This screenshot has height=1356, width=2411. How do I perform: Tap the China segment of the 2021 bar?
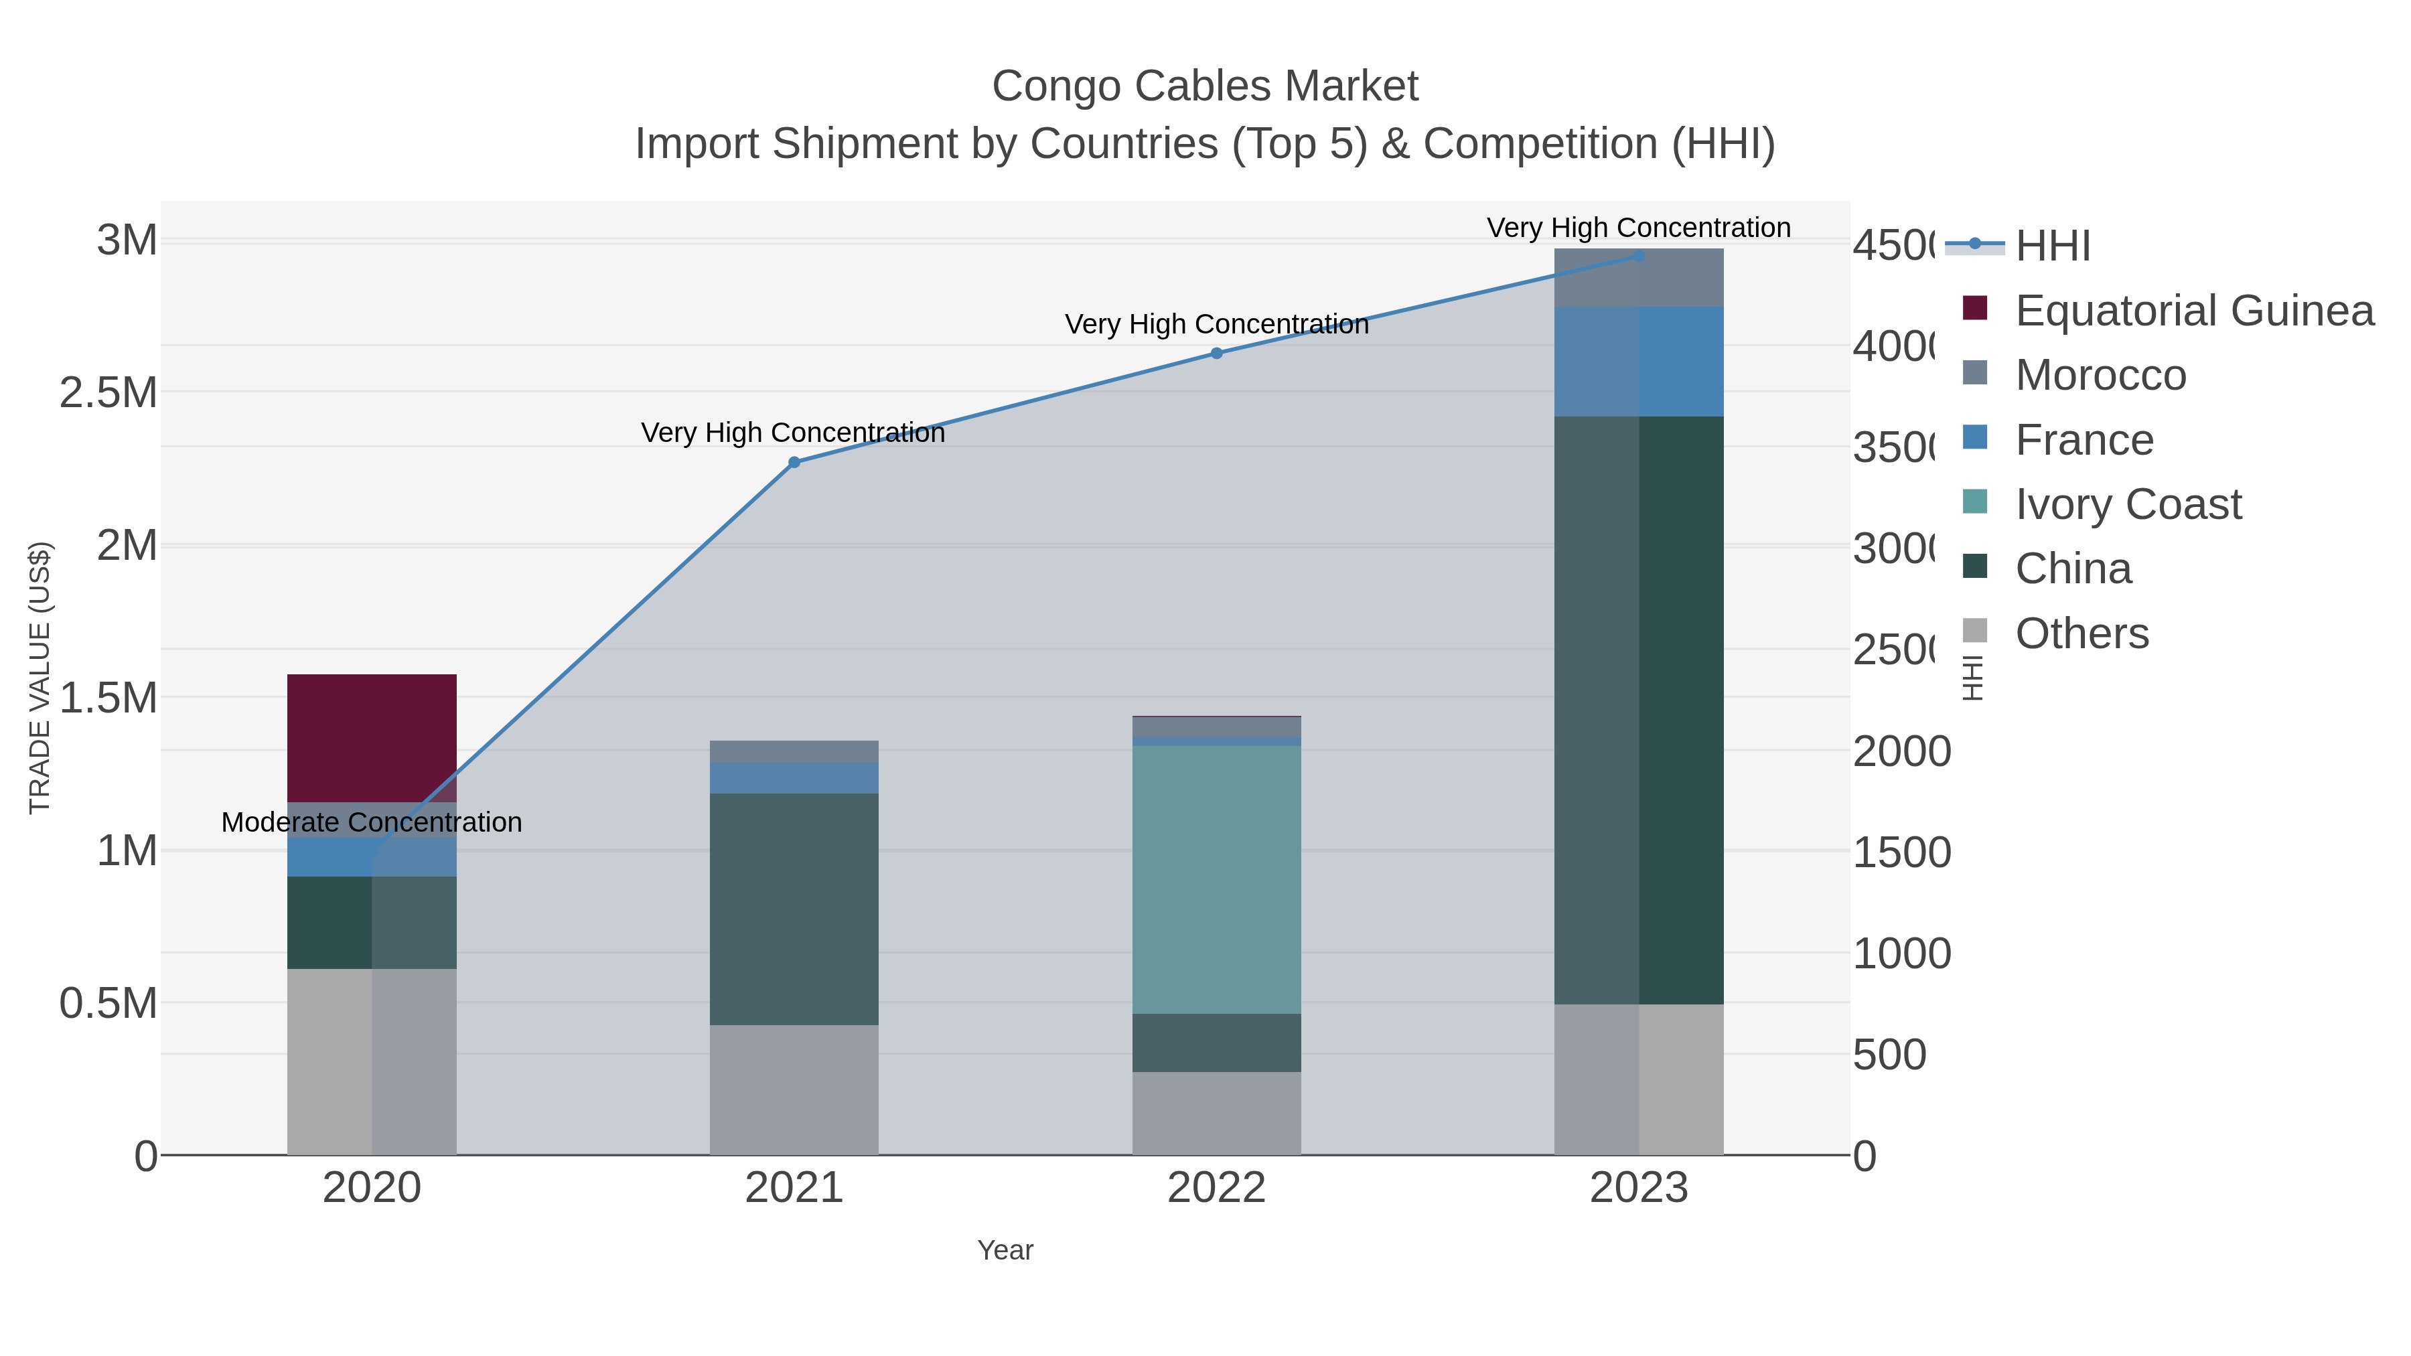[x=794, y=909]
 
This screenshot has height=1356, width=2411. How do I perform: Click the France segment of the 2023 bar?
[x=1638, y=361]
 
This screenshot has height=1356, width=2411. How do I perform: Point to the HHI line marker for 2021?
[x=794, y=462]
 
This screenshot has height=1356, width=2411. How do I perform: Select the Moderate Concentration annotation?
[x=372, y=822]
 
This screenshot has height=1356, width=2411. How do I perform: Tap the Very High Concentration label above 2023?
[x=1638, y=228]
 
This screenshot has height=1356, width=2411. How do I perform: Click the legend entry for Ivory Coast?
[x=2128, y=504]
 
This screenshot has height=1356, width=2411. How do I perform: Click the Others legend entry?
[x=2081, y=633]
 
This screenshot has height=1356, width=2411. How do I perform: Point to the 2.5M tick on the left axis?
[x=108, y=393]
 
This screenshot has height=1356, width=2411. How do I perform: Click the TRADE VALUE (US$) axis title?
[x=40, y=678]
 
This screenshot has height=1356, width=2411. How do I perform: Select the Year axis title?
[x=1005, y=1250]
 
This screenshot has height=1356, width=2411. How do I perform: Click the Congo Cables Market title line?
[x=1205, y=86]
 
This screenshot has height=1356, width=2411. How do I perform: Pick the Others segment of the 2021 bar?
[x=794, y=1089]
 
